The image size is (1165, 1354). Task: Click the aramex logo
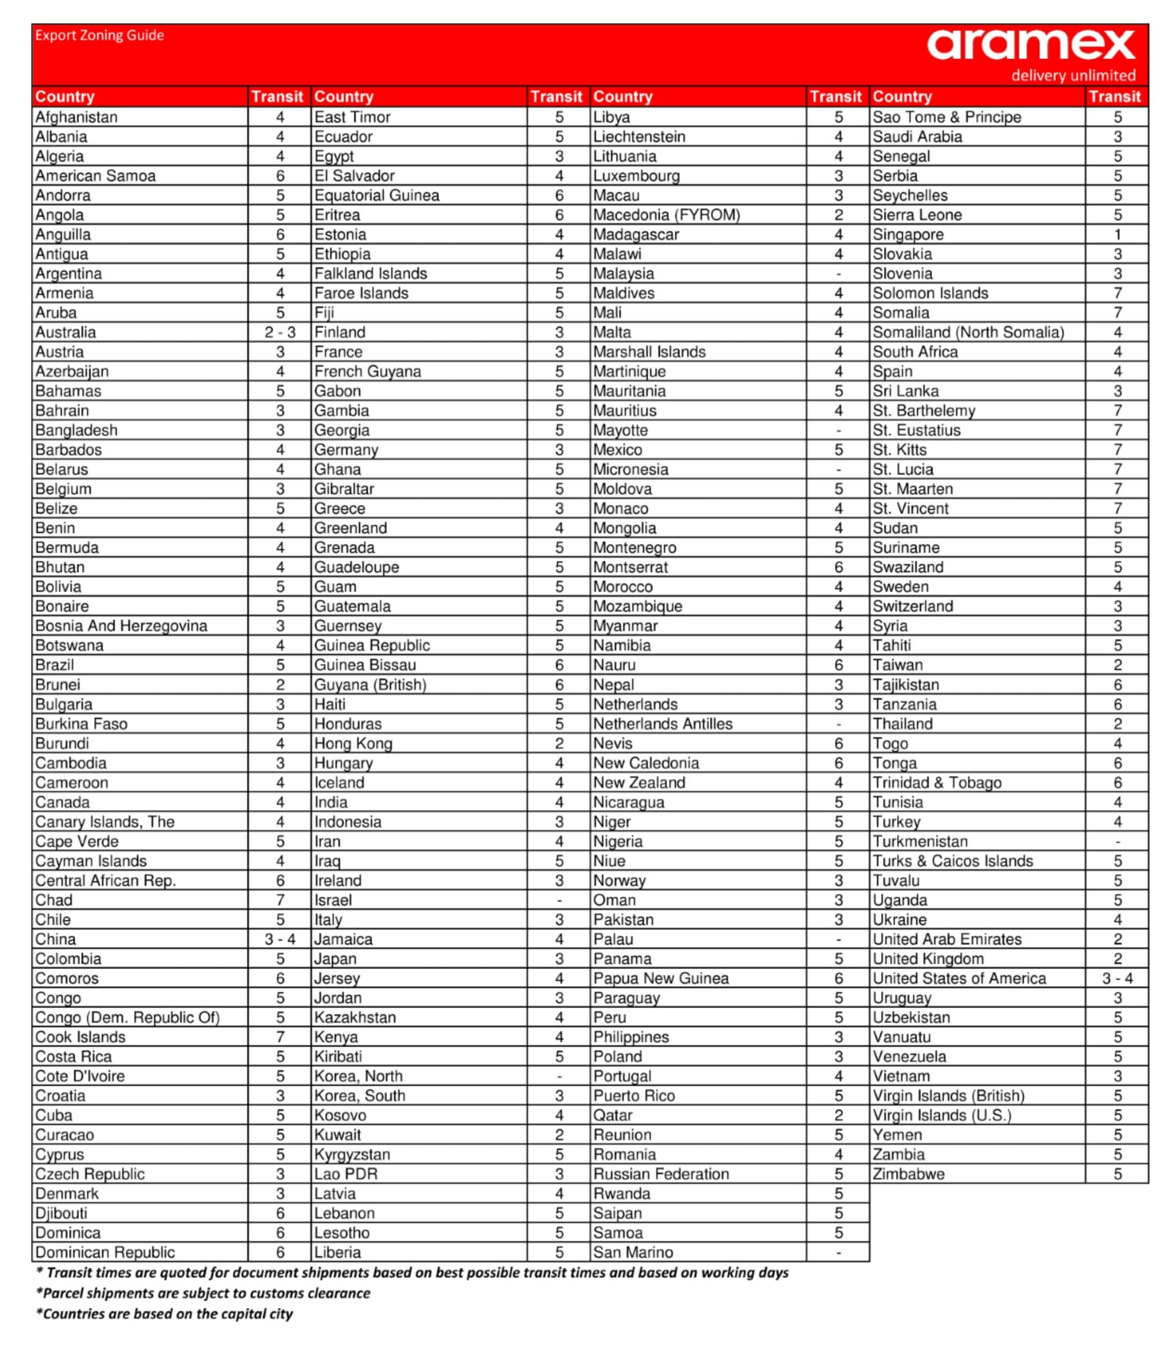(x=1030, y=44)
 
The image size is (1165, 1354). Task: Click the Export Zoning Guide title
(x=99, y=35)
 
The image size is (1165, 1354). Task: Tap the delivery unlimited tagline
(x=1073, y=75)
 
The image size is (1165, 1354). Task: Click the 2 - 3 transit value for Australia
(x=279, y=332)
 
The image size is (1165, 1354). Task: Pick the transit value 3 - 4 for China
(x=279, y=939)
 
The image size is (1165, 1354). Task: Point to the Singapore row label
(x=908, y=234)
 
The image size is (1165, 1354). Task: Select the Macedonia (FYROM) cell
(x=666, y=214)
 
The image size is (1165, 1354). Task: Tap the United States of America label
(x=959, y=979)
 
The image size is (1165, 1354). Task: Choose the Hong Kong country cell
(x=353, y=743)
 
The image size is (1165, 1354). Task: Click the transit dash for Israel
(x=559, y=900)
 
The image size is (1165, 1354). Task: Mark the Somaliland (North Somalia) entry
(x=968, y=332)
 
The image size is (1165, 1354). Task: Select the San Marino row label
(x=633, y=1252)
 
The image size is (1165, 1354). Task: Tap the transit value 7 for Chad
(x=279, y=900)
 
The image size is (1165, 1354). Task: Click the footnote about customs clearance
(x=203, y=1293)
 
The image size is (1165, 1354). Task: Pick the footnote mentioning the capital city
(x=165, y=1314)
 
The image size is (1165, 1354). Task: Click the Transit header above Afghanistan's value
(x=277, y=97)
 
